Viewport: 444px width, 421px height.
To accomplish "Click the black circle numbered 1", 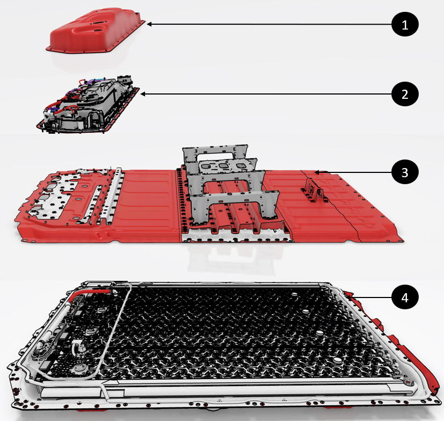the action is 405,24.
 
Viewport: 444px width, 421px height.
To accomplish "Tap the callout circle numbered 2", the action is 405,94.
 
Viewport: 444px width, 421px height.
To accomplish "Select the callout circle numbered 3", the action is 405,172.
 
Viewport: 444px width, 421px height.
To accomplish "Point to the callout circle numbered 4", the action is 405,297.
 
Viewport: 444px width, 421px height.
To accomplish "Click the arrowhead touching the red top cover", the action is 149,24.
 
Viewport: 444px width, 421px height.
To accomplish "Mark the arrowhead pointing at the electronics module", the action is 143,94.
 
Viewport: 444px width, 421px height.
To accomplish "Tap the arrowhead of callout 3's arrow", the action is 317,172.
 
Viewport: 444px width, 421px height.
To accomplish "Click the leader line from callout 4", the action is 370,297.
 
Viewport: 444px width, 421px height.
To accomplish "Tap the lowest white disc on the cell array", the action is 338,360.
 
